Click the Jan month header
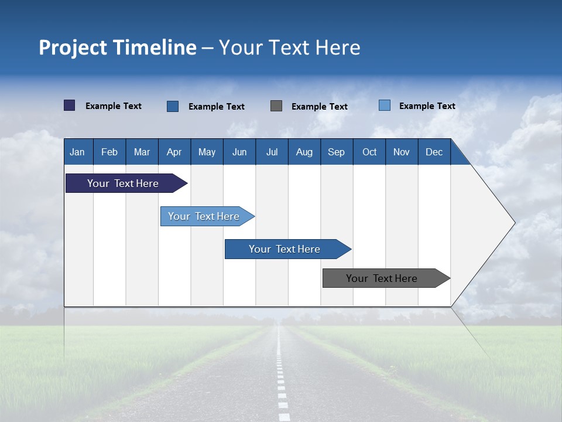(x=77, y=152)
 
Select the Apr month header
(x=174, y=152)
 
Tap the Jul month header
(x=272, y=152)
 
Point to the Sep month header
(x=336, y=152)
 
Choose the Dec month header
(x=434, y=152)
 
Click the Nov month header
(x=401, y=152)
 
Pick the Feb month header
(x=109, y=152)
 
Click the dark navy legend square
(x=69, y=105)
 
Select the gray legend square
(x=276, y=105)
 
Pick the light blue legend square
(x=385, y=105)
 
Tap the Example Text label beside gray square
(x=319, y=107)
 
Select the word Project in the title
(x=71, y=48)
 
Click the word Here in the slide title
(x=338, y=47)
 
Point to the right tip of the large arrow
(x=513, y=223)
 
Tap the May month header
(x=207, y=152)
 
